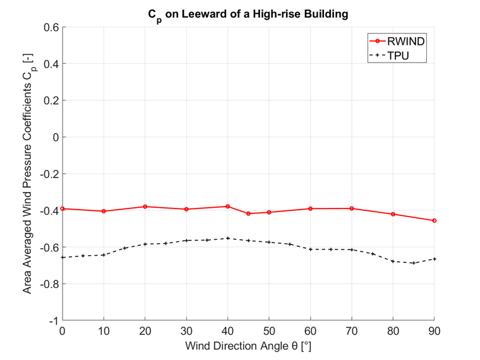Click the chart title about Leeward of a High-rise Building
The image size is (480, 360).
[248, 15]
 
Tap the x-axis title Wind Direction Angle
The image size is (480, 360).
[248, 347]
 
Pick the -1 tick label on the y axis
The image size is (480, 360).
[53, 321]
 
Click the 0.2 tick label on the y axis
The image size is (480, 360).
[51, 100]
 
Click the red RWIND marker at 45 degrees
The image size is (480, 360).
[248, 213]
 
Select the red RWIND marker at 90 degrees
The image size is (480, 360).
[435, 220]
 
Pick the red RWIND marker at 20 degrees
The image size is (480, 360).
[145, 207]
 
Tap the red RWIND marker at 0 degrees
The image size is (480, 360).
[62, 208]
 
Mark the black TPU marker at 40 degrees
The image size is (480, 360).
[227, 238]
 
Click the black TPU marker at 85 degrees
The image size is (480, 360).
[414, 263]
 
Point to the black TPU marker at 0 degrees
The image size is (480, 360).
[62, 257]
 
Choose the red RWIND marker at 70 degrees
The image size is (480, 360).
[352, 208]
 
